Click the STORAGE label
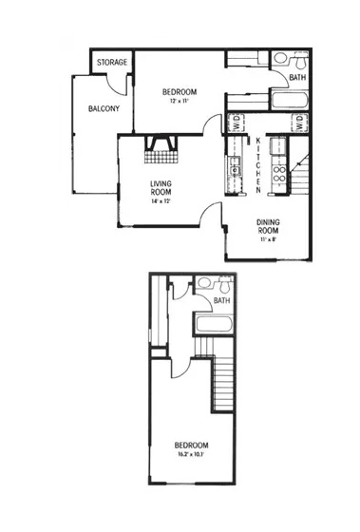[x=112, y=63]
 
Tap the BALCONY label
[x=104, y=109]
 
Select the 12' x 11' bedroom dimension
[x=180, y=101]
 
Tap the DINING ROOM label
[x=270, y=227]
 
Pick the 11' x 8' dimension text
[x=269, y=240]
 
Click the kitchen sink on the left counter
[x=234, y=170]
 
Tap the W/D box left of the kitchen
[x=235, y=122]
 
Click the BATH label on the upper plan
[x=297, y=78]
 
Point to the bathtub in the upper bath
[x=288, y=102]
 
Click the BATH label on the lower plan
[x=221, y=301]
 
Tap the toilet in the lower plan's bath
[x=220, y=284]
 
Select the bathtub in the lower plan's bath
[x=216, y=326]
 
